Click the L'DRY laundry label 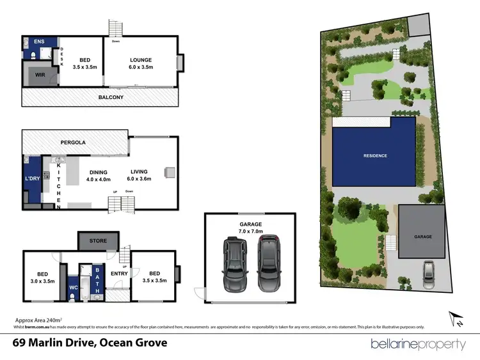[32, 178]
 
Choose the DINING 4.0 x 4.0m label [99, 176]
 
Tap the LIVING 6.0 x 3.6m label [139, 175]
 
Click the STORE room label [99, 241]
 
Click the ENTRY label [119, 274]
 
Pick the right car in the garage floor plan [269, 263]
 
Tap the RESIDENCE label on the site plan [375, 155]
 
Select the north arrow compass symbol [457, 318]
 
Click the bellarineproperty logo [419, 344]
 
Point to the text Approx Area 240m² [38, 319]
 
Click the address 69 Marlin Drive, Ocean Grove [90, 343]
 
